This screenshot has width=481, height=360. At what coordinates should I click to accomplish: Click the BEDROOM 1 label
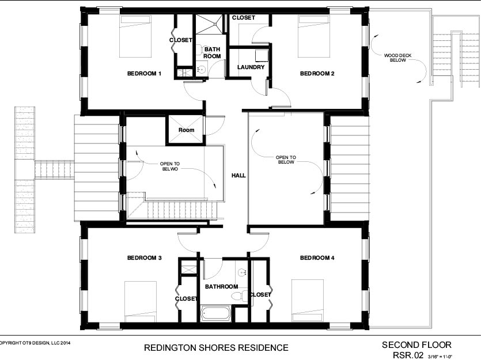coord(144,74)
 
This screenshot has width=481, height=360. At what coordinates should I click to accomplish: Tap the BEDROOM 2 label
coord(317,74)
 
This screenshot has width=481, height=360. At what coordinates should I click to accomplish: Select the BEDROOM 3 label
coord(144,258)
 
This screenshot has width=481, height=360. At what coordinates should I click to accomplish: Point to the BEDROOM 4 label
coord(317,258)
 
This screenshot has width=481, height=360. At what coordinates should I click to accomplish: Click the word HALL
coord(238,176)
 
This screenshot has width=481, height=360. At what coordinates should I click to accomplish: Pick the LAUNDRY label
coord(251,67)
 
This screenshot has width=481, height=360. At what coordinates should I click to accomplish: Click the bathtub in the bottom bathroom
coord(216,313)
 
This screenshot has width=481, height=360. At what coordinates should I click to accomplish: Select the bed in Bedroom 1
coord(135,36)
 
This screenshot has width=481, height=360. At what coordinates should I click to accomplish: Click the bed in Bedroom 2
coord(314,36)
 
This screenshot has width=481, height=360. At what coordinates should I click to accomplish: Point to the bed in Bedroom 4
coord(308,301)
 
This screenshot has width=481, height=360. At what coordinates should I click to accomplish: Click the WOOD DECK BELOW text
coord(398,58)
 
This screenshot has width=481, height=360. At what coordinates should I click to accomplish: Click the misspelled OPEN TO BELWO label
coord(170,166)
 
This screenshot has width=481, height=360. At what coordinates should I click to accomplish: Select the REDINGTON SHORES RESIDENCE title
coord(216,348)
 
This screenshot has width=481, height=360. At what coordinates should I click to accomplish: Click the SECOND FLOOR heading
coord(416,344)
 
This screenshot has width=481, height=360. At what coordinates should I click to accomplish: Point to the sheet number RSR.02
coord(408,355)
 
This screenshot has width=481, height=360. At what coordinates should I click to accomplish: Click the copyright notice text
coord(35,343)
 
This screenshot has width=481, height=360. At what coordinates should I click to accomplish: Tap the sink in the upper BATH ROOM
coord(201,69)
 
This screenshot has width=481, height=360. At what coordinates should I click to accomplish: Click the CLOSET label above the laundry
coord(244,18)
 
